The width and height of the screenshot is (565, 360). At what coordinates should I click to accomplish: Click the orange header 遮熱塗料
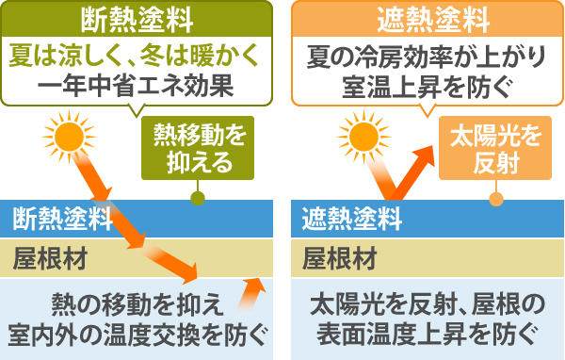coord(425,17)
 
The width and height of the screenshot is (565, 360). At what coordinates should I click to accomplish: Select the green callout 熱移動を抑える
coord(198,149)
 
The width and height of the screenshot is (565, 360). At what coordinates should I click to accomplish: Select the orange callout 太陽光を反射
coord(495,149)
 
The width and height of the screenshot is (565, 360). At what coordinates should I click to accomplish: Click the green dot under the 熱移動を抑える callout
coord(197,198)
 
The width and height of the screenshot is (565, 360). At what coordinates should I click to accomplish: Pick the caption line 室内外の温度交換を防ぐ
coord(136,334)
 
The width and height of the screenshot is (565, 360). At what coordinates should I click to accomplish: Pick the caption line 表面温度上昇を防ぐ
coord(425,334)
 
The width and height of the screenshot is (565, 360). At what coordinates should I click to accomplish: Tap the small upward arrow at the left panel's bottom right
coord(252,293)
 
